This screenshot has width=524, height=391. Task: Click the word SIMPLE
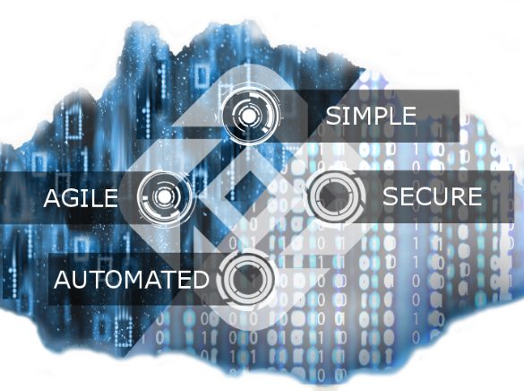(371, 116)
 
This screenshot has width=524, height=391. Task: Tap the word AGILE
(81, 197)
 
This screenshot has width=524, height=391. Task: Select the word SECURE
(432, 196)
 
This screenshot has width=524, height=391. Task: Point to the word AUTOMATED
(132, 279)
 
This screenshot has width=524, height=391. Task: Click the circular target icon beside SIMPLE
(249, 116)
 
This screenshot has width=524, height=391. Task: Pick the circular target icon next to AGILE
(164, 197)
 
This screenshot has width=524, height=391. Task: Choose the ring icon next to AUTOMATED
(246, 279)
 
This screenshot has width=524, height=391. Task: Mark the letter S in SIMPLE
(332, 116)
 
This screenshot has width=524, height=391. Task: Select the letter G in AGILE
(72, 197)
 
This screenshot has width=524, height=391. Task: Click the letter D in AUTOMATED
(200, 279)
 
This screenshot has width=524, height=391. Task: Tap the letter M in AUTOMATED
(137, 279)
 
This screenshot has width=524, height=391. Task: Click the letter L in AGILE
(97, 197)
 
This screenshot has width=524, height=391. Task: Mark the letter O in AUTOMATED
(117, 279)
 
